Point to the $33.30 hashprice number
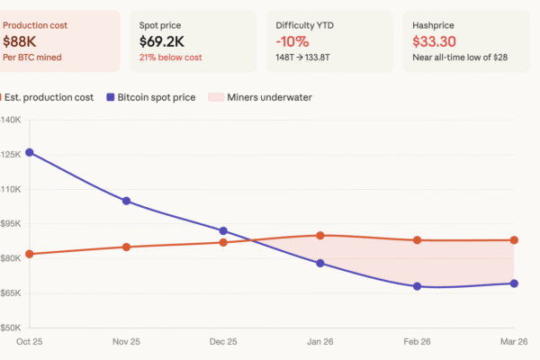[436, 40]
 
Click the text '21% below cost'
[171, 57]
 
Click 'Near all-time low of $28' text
[460, 57]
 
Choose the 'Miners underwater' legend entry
[262, 96]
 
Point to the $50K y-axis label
[11, 328]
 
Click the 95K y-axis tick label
[11, 223]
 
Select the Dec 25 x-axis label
[223, 342]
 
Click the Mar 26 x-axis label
[513, 342]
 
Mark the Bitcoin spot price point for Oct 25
[30, 152]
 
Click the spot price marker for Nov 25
[126, 201]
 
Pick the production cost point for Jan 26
[320, 236]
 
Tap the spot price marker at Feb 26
[417, 286]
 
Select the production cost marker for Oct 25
[30, 254]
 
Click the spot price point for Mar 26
[514, 283]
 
